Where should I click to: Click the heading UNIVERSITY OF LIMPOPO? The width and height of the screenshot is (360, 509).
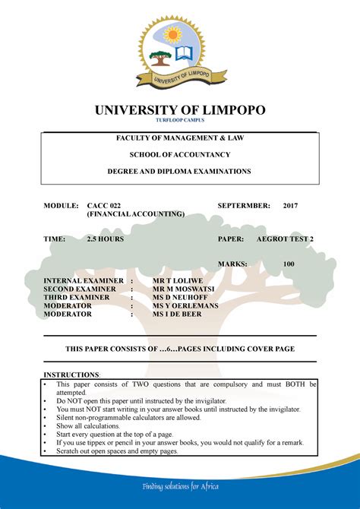[180, 110]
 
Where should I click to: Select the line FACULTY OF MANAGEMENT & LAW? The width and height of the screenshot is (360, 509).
[179, 138]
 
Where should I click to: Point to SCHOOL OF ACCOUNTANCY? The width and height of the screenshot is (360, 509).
[180, 155]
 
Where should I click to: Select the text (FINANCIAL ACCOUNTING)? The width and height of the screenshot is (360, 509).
[135, 215]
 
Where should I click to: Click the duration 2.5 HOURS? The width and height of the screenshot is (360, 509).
[105, 239]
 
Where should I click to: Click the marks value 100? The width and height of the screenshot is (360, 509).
[289, 264]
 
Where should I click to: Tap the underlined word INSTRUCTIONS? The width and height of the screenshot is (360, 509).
[71, 375]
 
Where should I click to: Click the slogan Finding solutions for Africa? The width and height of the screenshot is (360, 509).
[180, 485]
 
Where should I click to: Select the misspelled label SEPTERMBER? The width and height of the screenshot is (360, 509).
[244, 206]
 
